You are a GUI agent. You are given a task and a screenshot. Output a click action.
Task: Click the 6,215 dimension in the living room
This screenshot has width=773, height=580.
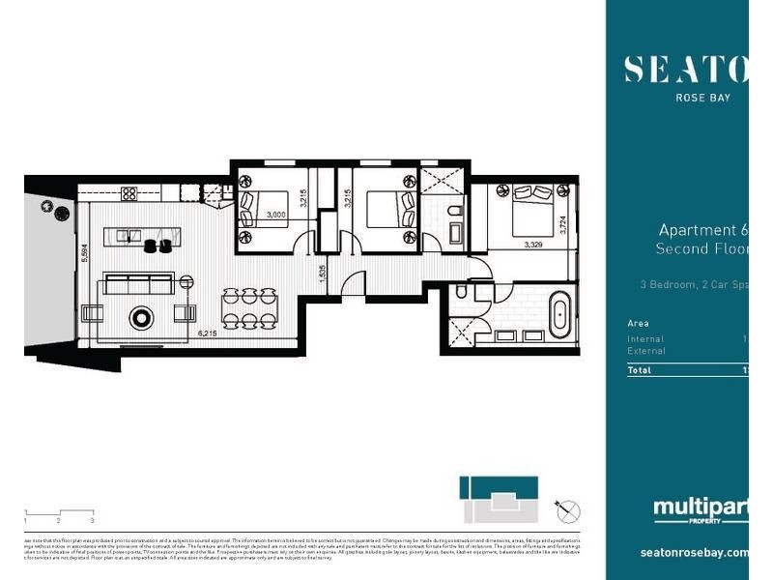point(206,333)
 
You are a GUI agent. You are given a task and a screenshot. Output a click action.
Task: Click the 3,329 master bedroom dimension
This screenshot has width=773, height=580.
point(533,246)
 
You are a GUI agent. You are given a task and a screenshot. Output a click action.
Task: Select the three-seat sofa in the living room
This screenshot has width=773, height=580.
point(138,283)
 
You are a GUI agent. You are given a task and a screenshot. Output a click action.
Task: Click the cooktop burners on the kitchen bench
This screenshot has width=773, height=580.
point(129,193)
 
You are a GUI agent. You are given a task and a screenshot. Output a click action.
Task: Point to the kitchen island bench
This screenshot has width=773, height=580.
point(145,234)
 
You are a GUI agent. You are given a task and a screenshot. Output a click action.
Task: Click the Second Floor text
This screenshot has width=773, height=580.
point(701,249)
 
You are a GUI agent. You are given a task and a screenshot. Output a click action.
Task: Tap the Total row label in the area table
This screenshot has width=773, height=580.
point(639,370)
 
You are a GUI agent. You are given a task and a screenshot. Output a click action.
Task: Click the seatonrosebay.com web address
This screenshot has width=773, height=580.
point(694,553)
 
